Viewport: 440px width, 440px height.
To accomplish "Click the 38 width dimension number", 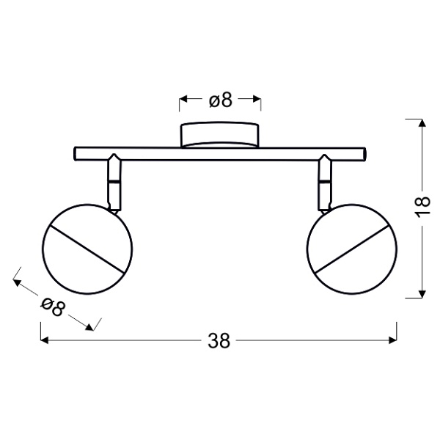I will [219, 341].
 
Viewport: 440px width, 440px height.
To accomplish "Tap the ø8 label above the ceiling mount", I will [220, 100].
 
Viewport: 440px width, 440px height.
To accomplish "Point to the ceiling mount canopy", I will [220, 136].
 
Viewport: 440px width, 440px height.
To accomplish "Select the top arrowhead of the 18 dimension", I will [421, 121].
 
